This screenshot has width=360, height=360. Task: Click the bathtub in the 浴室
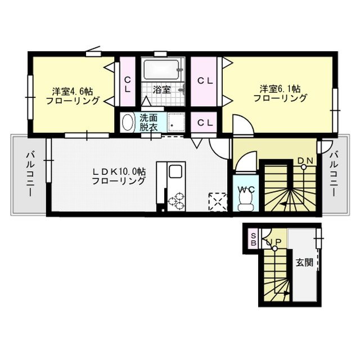pyautogui.click(x=161, y=69)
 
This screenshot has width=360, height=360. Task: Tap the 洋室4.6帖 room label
pyautogui.click(x=73, y=92)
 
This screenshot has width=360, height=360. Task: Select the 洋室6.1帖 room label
pyautogui.click(x=280, y=89)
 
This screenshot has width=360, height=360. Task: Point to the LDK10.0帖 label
pyautogui.click(x=119, y=172)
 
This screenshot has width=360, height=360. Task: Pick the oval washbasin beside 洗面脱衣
pyautogui.click(x=128, y=123)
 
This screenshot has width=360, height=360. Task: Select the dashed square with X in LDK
pyautogui.click(x=218, y=202)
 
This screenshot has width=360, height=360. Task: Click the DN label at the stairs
pyautogui.click(x=305, y=161)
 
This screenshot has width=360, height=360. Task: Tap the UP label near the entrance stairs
pyautogui.click(x=274, y=241)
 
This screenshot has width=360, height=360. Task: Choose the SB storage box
pyautogui.click(x=253, y=239)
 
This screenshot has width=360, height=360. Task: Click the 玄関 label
pyautogui.click(x=304, y=263)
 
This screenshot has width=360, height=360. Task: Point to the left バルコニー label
pyautogui.click(x=30, y=174)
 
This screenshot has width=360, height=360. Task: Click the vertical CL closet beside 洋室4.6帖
pyautogui.click(x=128, y=82)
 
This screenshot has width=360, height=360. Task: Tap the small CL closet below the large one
pyautogui.click(x=204, y=123)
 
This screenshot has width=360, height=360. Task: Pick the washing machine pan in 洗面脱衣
pyautogui.click(x=176, y=123)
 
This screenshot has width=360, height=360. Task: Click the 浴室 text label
pyautogui.click(x=162, y=89)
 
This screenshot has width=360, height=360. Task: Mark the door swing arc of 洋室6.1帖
pyautogui.click(x=247, y=119)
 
